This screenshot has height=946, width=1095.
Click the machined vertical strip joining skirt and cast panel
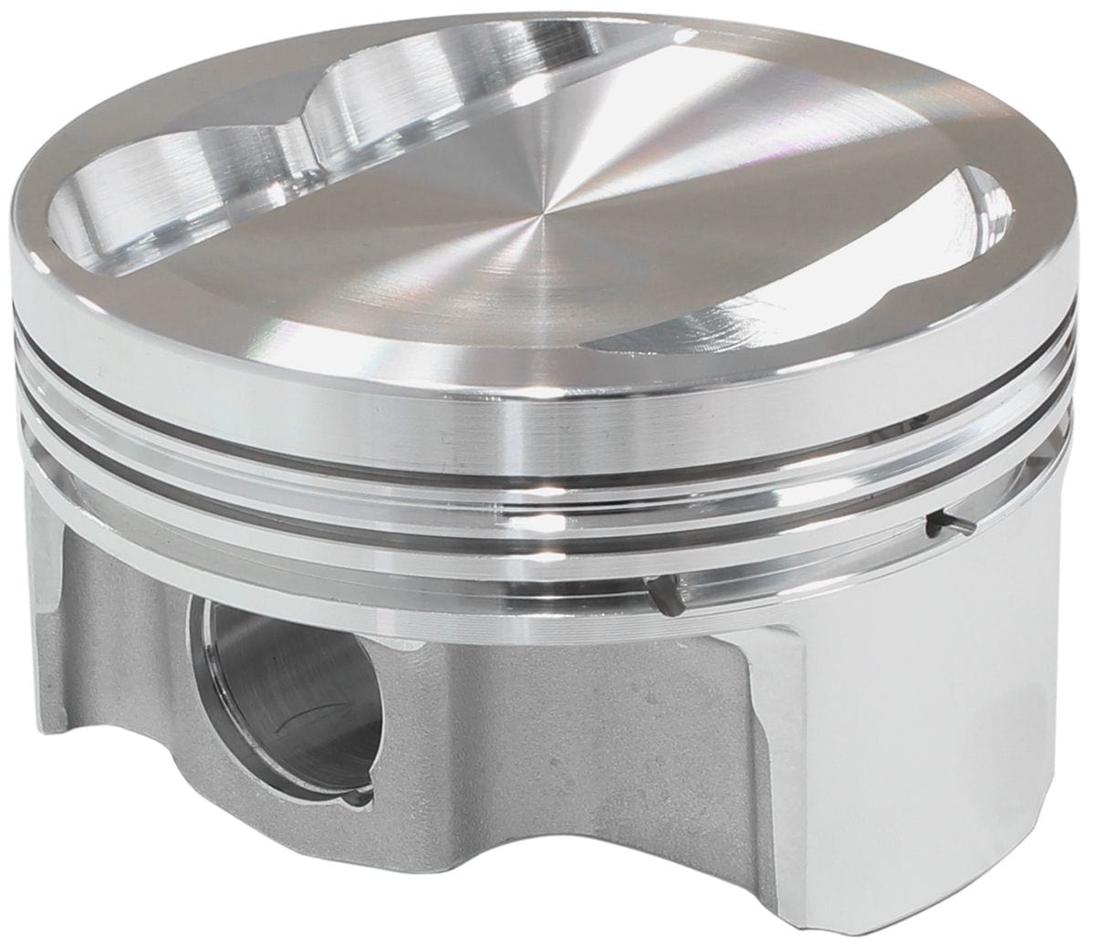(776, 730)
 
